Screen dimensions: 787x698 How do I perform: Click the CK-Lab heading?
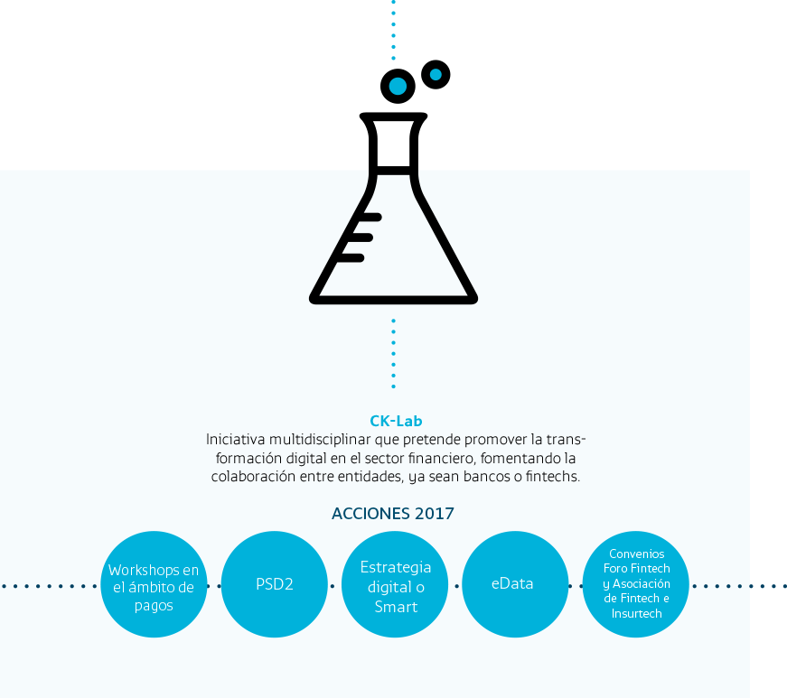(396, 421)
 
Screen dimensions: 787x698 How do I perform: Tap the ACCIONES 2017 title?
(393, 514)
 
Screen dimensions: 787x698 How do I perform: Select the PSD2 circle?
(275, 584)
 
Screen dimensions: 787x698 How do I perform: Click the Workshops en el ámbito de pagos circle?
(155, 584)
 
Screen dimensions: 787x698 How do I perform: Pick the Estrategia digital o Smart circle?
(395, 584)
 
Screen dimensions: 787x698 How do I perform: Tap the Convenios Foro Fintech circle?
(635, 584)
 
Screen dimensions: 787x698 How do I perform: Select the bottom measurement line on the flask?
(351, 257)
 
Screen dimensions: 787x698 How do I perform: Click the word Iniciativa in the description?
(236, 440)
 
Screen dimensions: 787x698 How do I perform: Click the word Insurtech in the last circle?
(636, 613)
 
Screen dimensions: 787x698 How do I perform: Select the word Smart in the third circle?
(396, 607)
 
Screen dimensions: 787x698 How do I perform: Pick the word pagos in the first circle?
(154, 606)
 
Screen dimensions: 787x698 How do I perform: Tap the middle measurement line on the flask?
(361, 237)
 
